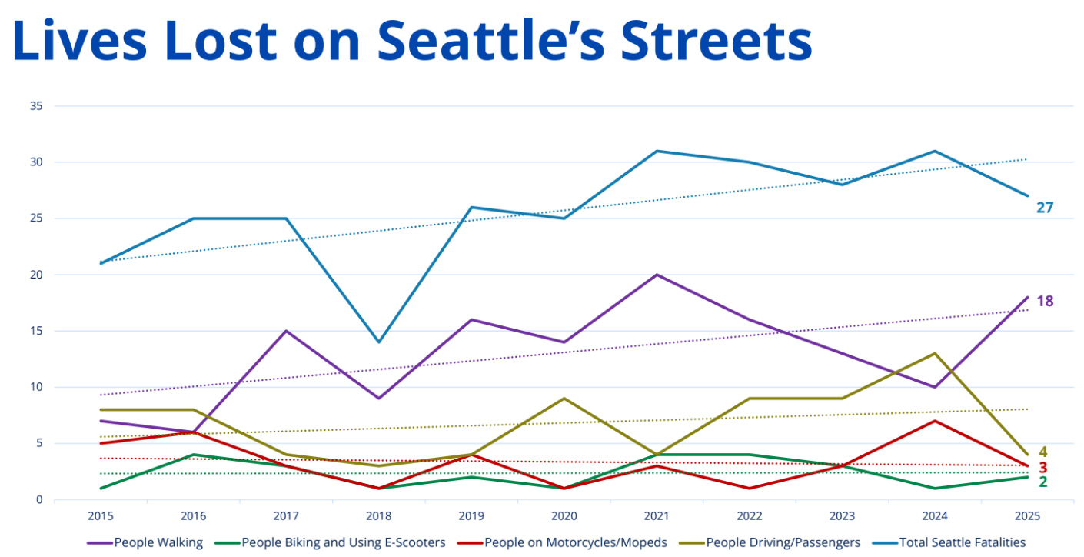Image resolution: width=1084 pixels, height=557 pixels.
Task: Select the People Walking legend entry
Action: tap(158, 542)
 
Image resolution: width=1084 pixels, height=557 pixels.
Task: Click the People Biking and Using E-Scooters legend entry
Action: tap(343, 542)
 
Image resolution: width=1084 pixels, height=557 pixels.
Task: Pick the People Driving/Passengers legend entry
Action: tap(783, 542)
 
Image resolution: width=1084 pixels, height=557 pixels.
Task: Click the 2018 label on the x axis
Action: tap(378, 515)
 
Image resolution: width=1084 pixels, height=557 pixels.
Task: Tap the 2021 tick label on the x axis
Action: tap(657, 515)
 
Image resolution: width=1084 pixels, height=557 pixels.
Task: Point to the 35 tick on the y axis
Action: tap(35, 106)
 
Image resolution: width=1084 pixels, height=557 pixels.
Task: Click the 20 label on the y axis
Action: tap(35, 275)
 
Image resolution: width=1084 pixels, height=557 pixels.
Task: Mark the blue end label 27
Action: tap(1045, 208)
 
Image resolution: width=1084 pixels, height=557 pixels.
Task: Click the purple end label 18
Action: tap(1045, 302)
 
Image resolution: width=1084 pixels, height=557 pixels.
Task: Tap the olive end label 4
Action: tap(1043, 452)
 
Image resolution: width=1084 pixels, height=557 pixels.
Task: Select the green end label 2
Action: tap(1043, 482)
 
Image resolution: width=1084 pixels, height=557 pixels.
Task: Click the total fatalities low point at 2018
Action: tap(378, 342)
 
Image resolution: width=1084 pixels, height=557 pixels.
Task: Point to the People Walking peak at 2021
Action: tap(657, 275)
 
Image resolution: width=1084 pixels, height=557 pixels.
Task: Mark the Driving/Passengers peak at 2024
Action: tap(935, 354)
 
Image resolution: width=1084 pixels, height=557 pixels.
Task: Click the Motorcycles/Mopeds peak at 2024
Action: tap(935, 421)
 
